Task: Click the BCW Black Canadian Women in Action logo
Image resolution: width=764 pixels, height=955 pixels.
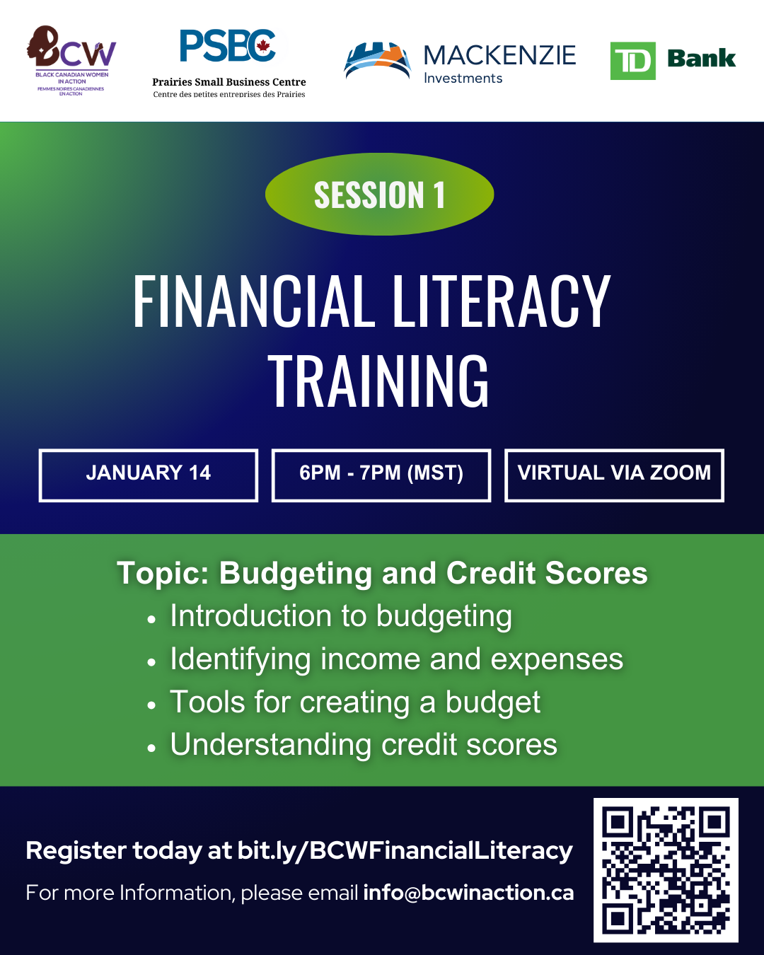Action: point(71,60)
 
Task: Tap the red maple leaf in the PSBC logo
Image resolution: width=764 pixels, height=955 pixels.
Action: point(263,47)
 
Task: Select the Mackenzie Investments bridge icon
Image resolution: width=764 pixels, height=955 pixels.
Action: point(377,61)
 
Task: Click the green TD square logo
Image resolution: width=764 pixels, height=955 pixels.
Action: point(632,61)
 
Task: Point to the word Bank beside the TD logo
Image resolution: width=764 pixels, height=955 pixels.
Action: point(701,59)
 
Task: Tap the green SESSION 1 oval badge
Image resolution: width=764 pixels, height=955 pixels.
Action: point(379,195)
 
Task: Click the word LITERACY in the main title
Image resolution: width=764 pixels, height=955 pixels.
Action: point(501,302)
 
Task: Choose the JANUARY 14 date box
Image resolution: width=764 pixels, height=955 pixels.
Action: point(149,475)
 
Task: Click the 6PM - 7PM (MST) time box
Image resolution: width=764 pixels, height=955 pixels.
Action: point(381,475)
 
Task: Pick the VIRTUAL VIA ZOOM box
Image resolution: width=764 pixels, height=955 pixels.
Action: point(614,475)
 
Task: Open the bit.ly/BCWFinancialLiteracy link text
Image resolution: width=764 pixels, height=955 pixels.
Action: point(405,851)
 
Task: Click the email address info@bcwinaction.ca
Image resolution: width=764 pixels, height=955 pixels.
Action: point(468,893)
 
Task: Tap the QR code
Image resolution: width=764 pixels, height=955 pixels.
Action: point(665,870)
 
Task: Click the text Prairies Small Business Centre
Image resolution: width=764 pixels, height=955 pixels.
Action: point(229,82)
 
